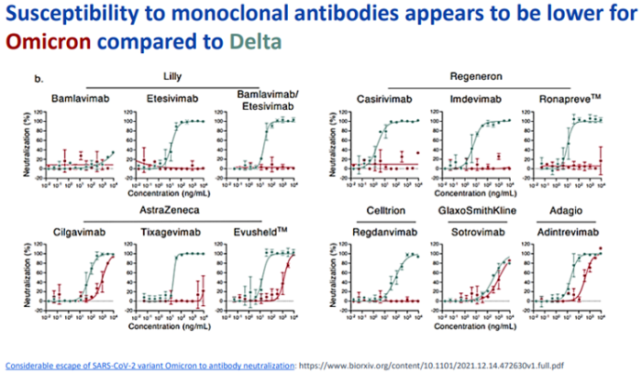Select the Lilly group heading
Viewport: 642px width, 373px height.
pos(171,76)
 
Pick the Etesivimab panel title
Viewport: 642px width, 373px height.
pos(170,98)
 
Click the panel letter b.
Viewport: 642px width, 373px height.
pos(39,80)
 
